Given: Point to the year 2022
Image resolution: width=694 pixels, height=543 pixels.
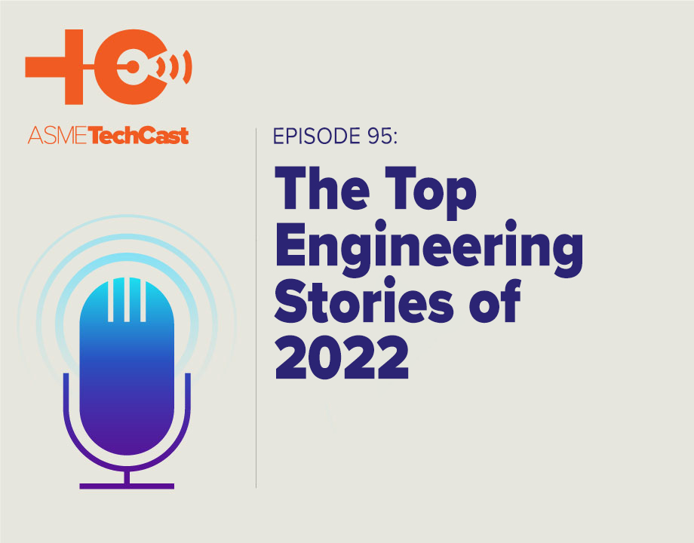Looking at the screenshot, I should coord(341,359).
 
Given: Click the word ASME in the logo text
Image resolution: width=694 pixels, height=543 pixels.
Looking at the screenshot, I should coord(57,137).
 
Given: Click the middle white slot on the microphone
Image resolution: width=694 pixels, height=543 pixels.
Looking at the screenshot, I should coord(127,298).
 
